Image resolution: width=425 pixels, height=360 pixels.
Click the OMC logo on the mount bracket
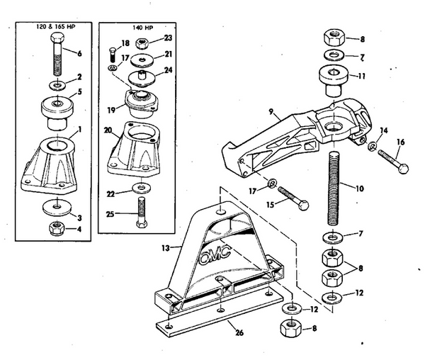point(217,254)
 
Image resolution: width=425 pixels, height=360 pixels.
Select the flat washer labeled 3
point(55,208)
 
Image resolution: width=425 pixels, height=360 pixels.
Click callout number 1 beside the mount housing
point(80,129)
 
